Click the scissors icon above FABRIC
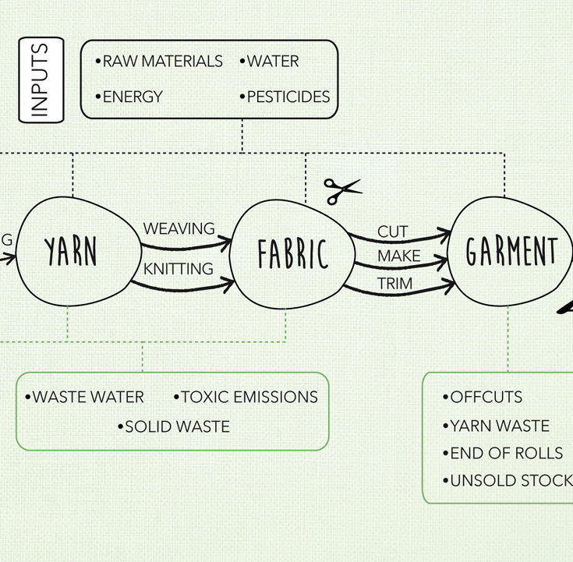pyautogui.click(x=342, y=189)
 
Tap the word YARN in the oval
pyautogui.click(x=71, y=251)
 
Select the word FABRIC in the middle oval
pyautogui.click(x=293, y=254)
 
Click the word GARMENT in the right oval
pyautogui.click(x=511, y=252)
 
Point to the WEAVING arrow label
pyautogui.click(x=179, y=228)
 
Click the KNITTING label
pyautogui.click(x=178, y=269)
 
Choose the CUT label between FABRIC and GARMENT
pyautogui.click(x=393, y=232)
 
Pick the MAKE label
pyautogui.click(x=398, y=256)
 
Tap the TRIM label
pyautogui.click(x=394, y=284)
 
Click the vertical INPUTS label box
pyautogui.click(x=41, y=81)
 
